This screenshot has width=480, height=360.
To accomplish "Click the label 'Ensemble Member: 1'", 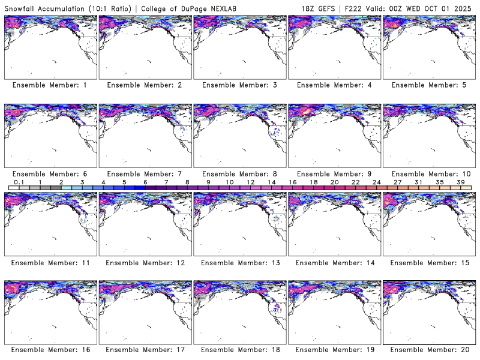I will [50, 85].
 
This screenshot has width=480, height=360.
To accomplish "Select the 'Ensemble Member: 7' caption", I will [144, 174].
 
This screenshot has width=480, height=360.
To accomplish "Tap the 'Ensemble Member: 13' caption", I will [239, 262].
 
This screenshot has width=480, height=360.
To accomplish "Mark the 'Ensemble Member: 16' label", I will [50, 349].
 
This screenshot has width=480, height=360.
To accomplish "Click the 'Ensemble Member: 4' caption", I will [334, 85].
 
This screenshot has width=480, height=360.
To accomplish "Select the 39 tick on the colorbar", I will [460, 182].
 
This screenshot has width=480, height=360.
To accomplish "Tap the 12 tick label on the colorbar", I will [250, 182].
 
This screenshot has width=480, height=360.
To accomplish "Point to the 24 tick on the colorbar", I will [376, 182].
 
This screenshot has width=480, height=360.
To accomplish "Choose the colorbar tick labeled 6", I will [145, 182].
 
